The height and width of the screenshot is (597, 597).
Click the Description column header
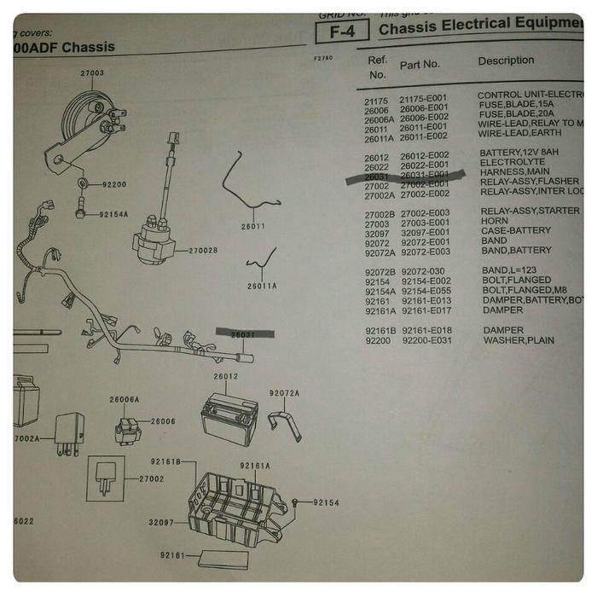(506, 61)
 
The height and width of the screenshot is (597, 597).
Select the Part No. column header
(420, 65)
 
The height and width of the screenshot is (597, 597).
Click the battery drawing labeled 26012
(227, 418)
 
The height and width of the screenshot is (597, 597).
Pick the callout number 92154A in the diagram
(113, 215)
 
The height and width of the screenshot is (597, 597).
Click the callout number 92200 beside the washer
(113, 183)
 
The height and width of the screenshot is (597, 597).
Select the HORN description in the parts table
(494, 221)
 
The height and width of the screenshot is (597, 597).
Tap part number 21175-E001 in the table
(424, 98)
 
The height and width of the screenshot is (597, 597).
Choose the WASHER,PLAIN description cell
(519, 340)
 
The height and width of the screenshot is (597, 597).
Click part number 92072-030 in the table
(424, 270)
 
